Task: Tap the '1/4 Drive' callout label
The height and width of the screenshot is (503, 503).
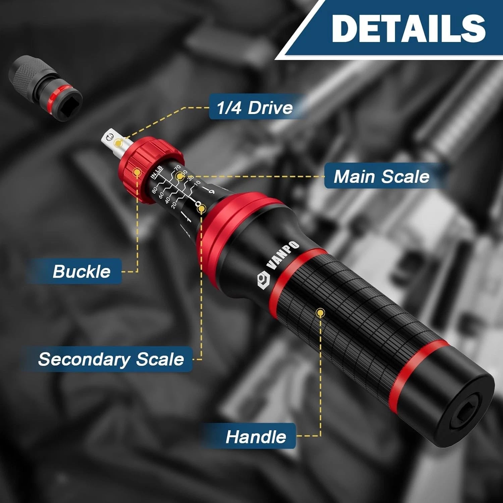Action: tap(255, 108)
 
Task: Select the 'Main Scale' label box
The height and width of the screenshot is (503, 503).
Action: tap(381, 176)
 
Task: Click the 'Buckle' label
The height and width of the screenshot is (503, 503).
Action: tap(81, 271)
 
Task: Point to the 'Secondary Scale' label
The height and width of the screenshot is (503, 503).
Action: tap(111, 359)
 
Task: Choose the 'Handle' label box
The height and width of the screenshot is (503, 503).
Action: tap(256, 437)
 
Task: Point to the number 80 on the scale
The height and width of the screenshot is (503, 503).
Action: tap(155, 190)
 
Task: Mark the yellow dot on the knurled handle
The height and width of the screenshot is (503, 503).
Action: tap(321, 313)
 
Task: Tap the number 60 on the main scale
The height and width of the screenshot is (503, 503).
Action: tap(161, 195)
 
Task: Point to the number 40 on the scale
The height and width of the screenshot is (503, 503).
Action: tap(167, 200)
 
